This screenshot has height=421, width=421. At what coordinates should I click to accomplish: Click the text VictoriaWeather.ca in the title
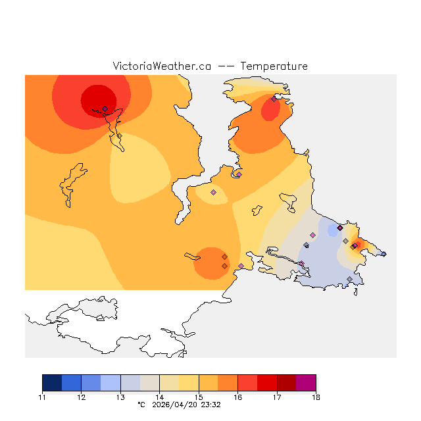pos(162,66)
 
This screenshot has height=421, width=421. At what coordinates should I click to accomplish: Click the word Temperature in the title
pos(274,66)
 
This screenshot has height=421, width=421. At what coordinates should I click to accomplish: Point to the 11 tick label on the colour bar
pos(42,397)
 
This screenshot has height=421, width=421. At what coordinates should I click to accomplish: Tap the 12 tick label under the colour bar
pos(81,397)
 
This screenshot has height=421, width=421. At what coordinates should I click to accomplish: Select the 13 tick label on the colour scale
pos(120,397)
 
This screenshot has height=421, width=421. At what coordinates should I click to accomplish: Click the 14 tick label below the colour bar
pos(159,397)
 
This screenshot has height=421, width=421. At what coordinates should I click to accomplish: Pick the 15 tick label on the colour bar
pos(199,397)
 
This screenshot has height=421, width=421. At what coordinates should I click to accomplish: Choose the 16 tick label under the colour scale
pos(237,397)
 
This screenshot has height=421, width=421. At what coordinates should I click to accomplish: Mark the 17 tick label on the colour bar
pos(277,397)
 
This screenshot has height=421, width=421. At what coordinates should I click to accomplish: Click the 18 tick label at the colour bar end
pos(316,397)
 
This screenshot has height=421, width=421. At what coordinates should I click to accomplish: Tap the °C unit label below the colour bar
pos(141,405)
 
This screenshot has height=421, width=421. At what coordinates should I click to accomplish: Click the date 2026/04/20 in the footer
pos(174,405)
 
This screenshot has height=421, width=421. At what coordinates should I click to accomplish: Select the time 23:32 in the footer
pos(210,405)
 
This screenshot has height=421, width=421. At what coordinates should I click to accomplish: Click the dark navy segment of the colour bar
pos(52,383)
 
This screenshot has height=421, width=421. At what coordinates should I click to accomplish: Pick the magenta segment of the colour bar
pos(306,383)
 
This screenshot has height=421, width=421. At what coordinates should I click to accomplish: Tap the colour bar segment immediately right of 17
pos(286,383)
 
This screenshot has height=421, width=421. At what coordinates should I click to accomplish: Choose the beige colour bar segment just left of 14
pos(149,383)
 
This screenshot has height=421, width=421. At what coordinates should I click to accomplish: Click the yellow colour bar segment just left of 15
pos(189,383)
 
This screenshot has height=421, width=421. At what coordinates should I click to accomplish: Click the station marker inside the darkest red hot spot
pos(105,109)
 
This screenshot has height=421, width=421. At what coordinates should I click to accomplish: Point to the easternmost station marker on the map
pos(384,253)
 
